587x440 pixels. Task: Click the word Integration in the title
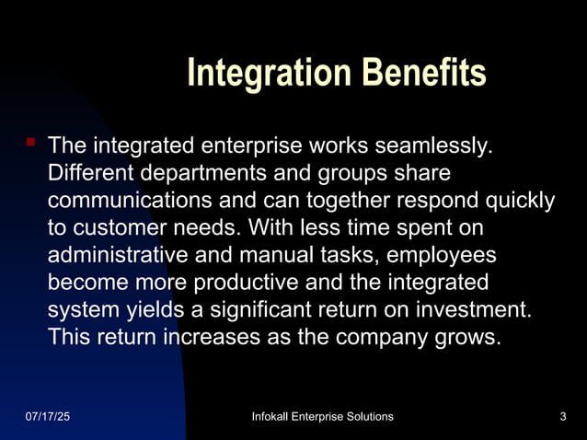(259, 74)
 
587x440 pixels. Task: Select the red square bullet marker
(30, 143)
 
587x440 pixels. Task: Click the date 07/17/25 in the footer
(47, 417)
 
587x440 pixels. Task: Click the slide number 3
(561, 417)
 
